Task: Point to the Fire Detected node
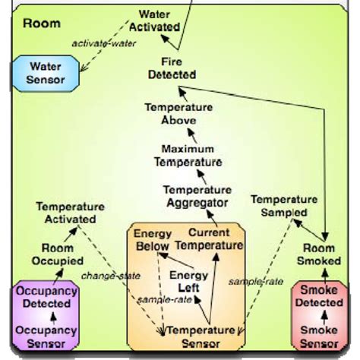[x=169, y=68]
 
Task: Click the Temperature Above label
[x=170, y=113]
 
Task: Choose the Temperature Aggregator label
[x=197, y=196]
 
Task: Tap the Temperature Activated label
[x=70, y=212]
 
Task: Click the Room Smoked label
[x=318, y=254]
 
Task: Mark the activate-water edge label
[x=104, y=43]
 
